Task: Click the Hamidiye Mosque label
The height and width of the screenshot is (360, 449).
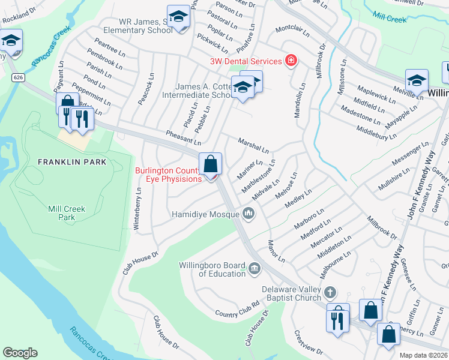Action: pos(206,214)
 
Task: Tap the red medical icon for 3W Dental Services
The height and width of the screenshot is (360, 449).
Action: pos(291,61)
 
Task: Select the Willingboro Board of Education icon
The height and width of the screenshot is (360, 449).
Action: pos(255,267)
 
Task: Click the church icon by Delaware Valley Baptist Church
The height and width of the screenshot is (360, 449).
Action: pos(329,293)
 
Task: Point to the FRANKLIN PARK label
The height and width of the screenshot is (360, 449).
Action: pos(72,162)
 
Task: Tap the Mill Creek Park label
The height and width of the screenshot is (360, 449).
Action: pos(67,214)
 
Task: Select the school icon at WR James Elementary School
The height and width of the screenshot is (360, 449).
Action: pos(178,19)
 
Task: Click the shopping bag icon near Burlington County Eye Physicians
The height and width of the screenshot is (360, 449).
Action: pos(211,164)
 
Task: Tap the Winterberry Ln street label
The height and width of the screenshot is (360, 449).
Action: pos(139,208)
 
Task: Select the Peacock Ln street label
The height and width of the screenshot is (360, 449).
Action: pos(145,89)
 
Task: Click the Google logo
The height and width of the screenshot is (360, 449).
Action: pos(20,353)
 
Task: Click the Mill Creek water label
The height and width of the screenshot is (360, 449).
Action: pos(390,18)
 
